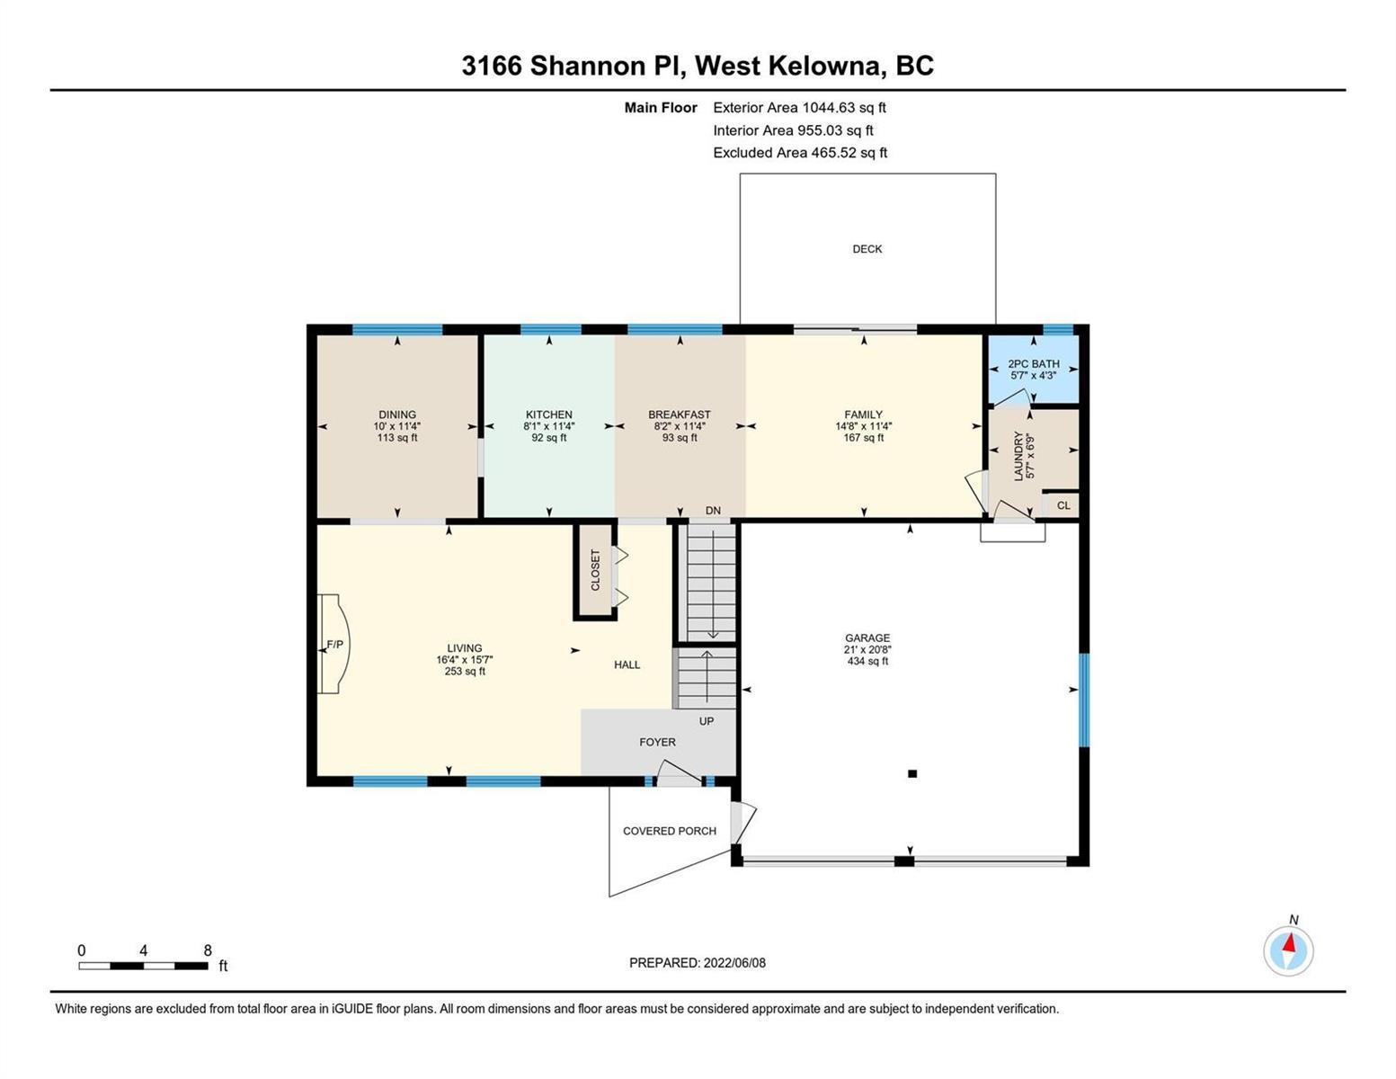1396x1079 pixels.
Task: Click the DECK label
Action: [867, 249]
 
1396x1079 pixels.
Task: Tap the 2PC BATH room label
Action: [1033, 364]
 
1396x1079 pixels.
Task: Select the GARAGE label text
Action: [867, 638]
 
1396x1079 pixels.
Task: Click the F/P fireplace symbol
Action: [334, 644]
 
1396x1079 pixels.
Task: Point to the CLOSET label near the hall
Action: [595, 570]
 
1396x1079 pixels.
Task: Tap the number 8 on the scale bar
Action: [208, 950]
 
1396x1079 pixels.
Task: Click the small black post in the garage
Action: [912, 774]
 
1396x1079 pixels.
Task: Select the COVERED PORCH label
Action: [670, 831]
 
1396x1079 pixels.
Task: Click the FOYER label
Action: [657, 742]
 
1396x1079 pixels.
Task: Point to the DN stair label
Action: [713, 510]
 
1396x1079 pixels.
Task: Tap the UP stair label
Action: [706, 721]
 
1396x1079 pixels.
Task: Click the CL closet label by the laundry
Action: [1063, 505]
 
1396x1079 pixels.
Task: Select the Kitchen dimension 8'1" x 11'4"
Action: [548, 426]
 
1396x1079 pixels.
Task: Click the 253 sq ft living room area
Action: [465, 671]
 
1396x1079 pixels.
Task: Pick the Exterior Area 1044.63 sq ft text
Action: [799, 108]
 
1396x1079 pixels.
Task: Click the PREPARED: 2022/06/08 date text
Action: [697, 963]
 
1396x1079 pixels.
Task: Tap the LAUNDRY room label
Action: [1018, 456]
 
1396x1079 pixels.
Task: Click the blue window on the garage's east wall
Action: [1084, 700]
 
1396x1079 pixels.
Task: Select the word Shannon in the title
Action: [588, 67]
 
